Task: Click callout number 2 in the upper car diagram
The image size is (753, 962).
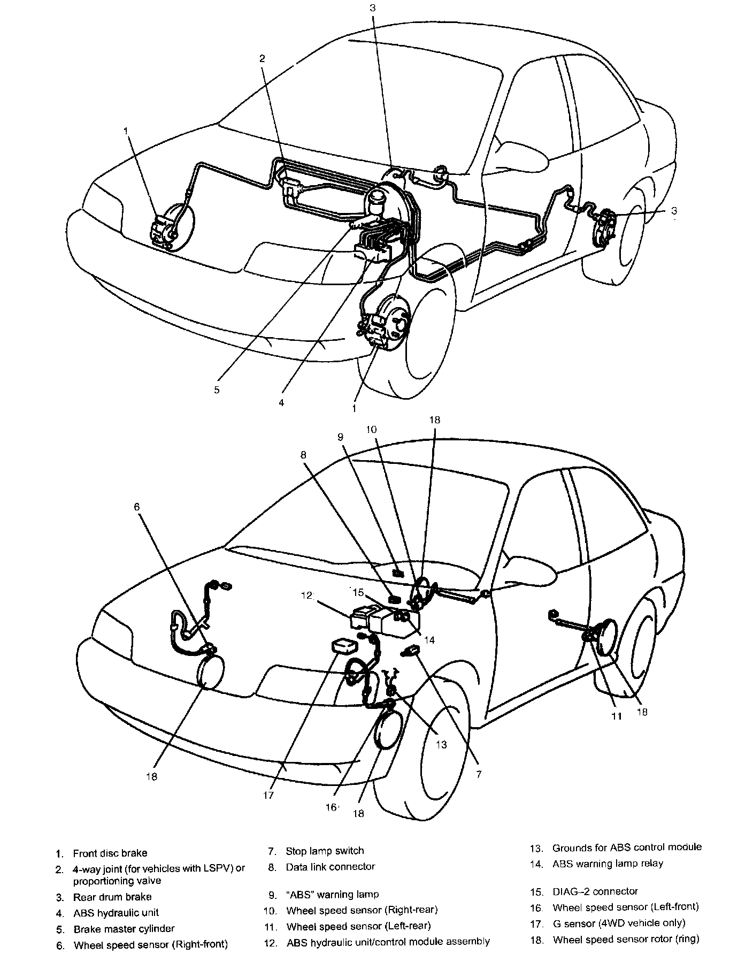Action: point(262,58)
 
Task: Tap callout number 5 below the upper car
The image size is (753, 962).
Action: point(217,390)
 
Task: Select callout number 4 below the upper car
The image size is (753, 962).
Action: point(281,402)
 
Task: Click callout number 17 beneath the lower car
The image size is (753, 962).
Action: point(268,795)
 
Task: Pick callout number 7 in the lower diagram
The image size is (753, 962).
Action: point(479,774)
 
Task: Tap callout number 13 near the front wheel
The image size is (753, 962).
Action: point(441,744)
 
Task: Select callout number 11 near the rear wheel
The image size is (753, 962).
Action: point(617,716)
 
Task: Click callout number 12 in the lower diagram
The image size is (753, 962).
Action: point(306,595)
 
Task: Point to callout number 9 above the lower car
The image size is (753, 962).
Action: point(340,437)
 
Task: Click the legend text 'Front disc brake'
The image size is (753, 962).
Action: point(110,853)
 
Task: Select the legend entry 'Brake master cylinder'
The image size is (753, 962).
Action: point(124,928)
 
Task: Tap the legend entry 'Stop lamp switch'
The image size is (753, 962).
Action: point(325,851)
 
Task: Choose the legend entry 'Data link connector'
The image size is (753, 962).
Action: point(330,866)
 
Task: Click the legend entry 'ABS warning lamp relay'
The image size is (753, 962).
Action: point(608,863)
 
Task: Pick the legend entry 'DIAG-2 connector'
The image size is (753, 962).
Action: point(595,891)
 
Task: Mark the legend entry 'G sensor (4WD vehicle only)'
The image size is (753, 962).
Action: point(619,922)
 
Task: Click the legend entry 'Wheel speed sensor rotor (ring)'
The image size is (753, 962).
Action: point(626,939)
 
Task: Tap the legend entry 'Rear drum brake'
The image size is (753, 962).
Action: point(112,897)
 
